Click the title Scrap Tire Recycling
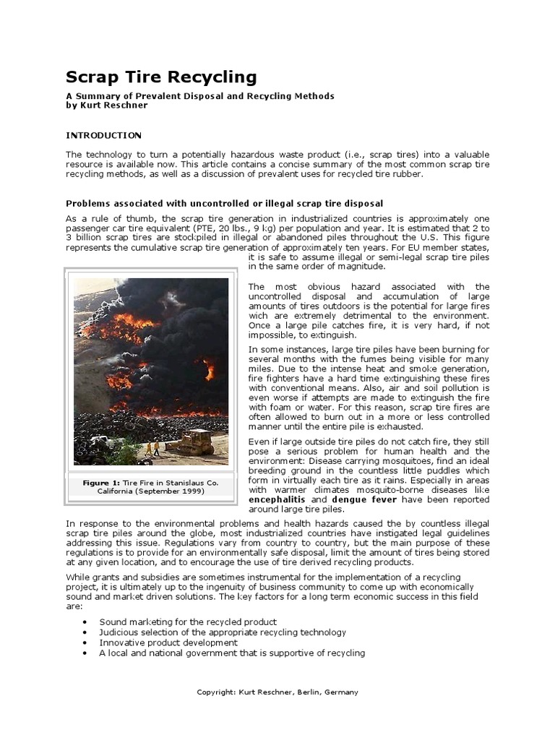tap(161, 77)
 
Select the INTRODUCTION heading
tap(103, 135)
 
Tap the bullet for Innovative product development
tap(86, 642)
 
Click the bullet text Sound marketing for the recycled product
tap(188, 621)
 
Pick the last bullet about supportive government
tap(232, 653)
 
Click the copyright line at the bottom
tap(277, 692)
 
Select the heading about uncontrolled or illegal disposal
tap(224, 203)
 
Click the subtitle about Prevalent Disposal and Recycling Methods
tap(200, 96)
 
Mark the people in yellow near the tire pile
tap(152, 448)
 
